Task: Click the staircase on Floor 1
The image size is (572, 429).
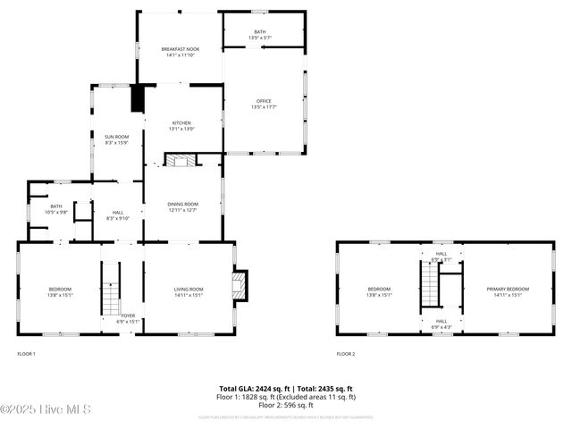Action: pos(109,288)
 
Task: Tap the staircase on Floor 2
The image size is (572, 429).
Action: pos(431,288)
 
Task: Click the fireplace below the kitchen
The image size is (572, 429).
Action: pos(181,160)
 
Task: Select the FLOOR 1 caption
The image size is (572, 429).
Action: pos(27,354)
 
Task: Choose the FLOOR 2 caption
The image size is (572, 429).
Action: pos(346,354)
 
